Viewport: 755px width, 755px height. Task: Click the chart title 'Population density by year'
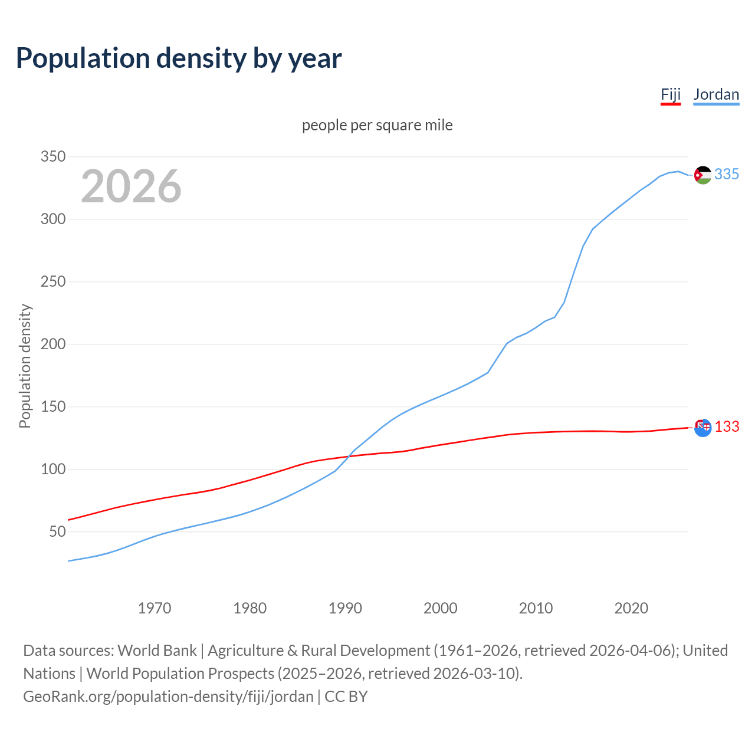coord(179,58)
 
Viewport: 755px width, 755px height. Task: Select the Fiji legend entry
coord(671,95)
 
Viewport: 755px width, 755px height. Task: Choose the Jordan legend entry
coord(716,95)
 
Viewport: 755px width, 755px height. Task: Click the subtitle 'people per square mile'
coord(377,126)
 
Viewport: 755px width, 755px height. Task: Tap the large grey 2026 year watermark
coord(131,186)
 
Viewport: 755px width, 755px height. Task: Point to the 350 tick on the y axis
coord(52,157)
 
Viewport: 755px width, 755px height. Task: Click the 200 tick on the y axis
coord(52,344)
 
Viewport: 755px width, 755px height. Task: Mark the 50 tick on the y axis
coord(57,532)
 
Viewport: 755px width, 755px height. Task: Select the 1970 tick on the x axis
coord(155,608)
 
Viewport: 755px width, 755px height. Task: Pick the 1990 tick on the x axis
coord(345,608)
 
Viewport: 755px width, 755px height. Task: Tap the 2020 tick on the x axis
coord(631,608)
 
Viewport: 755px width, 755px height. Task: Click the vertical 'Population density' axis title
coord(25,366)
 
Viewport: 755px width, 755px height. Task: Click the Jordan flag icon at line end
coord(703,175)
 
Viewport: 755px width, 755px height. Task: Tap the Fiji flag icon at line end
coord(703,428)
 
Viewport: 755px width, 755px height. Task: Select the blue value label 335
coord(727,175)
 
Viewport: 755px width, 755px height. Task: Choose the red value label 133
coord(727,427)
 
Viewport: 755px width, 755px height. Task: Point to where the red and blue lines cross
coord(349,456)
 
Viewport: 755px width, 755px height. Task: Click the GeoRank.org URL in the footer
coord(168,697)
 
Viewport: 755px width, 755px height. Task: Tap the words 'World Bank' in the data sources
coord(157,651)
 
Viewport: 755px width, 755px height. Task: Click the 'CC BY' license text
coord(346,697)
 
